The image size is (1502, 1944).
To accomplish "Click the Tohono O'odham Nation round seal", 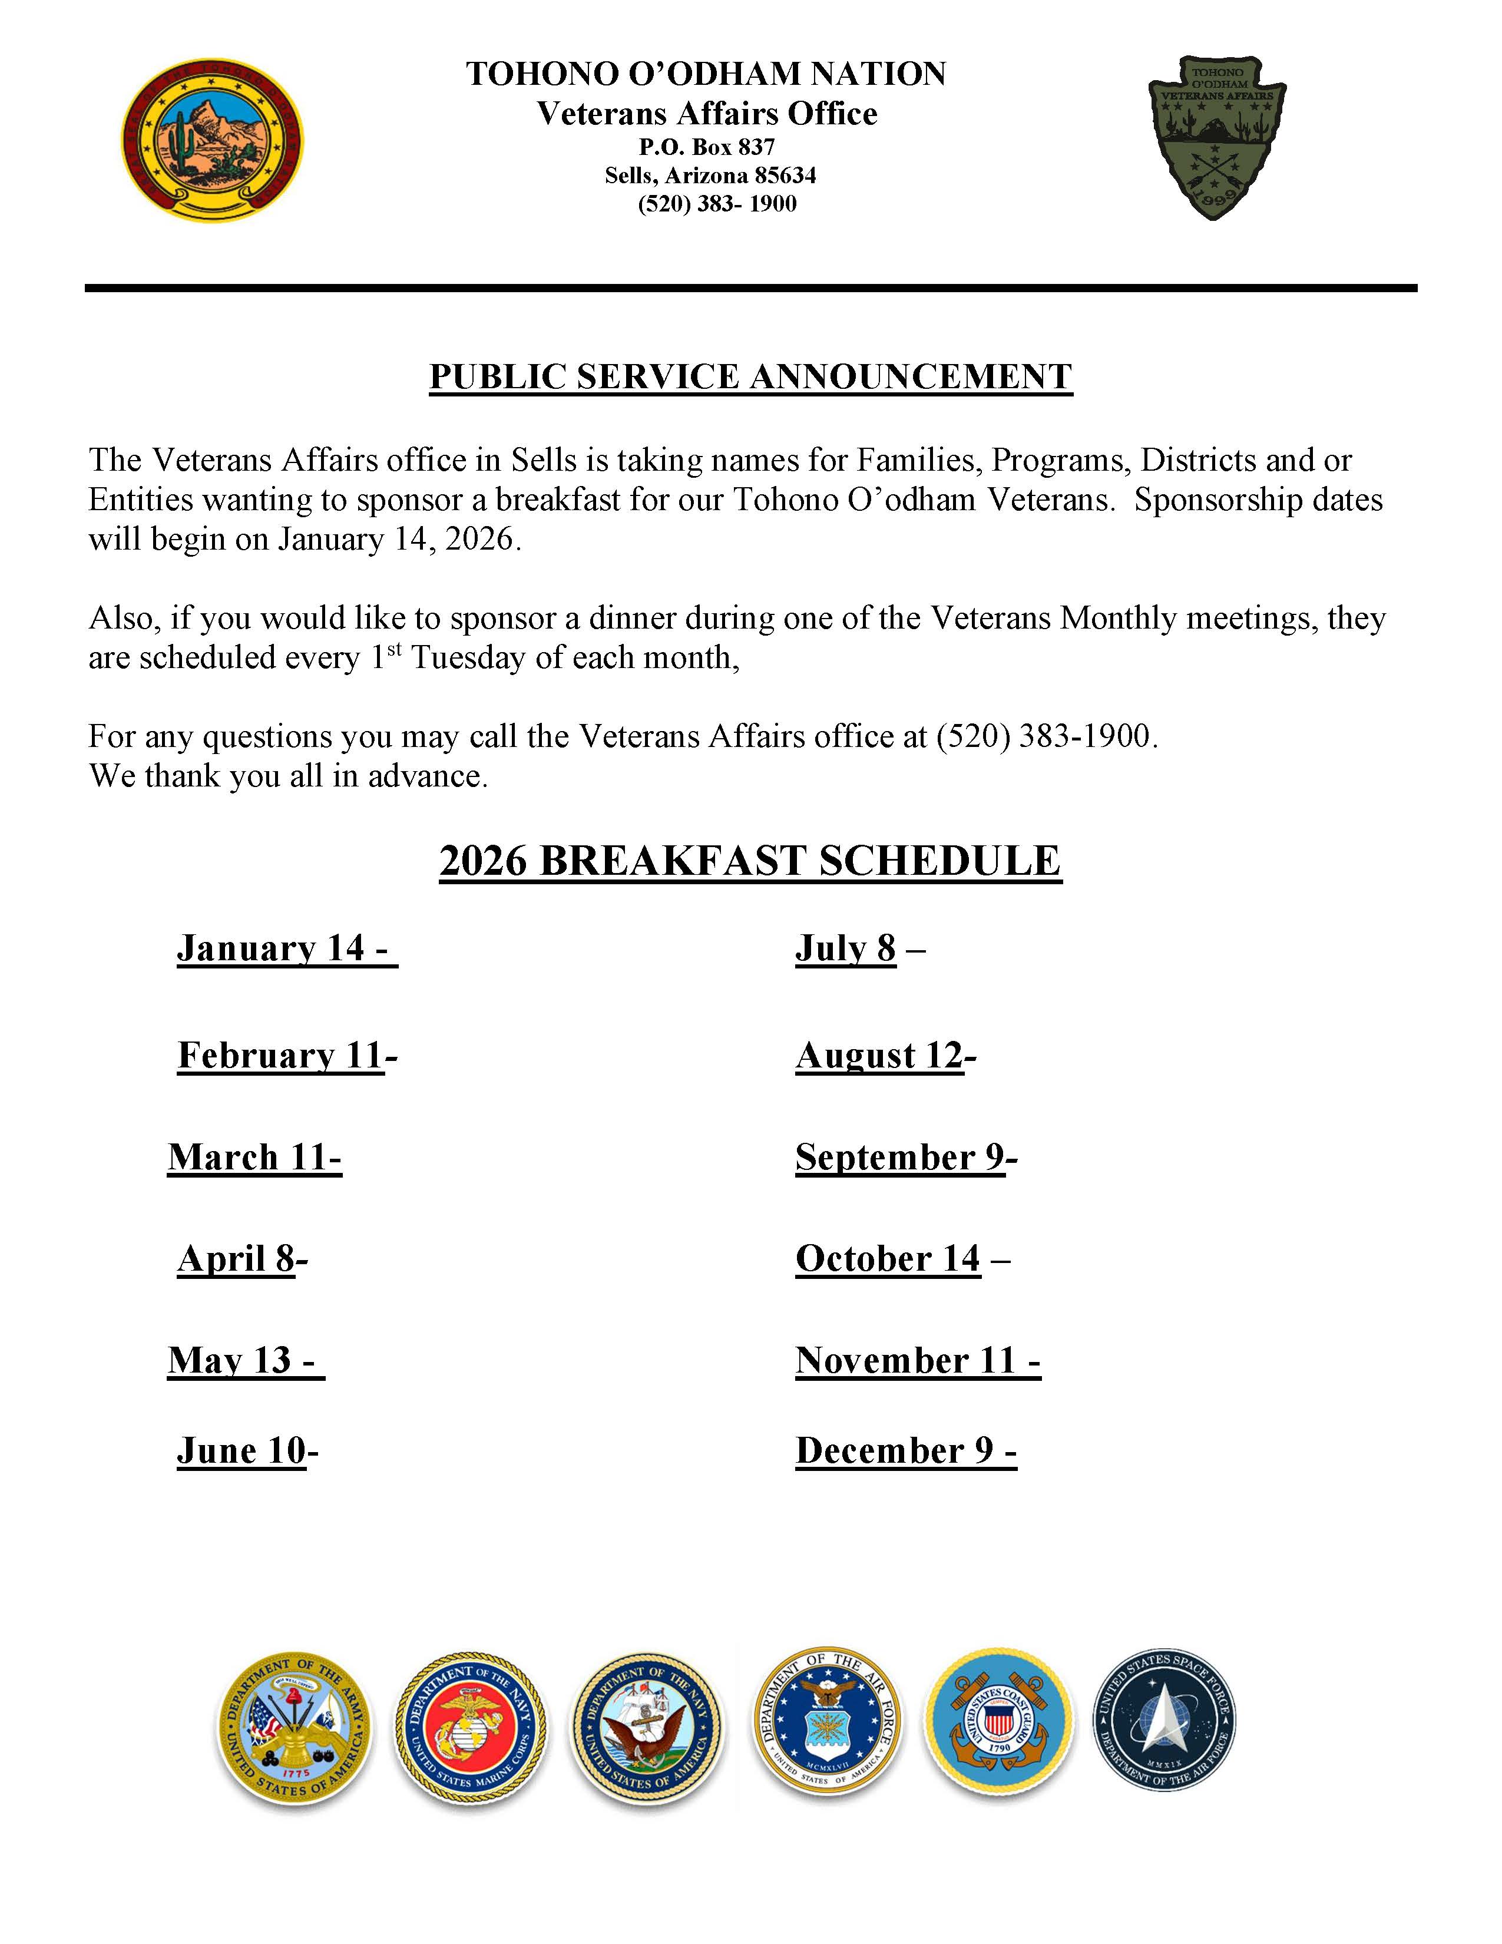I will (x=213, y=141).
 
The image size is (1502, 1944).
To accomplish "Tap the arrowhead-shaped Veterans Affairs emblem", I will (x=1216, y=138).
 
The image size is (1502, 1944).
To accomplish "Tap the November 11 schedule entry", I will (x=917, y=1360).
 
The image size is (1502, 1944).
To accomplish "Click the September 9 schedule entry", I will (x=906, y=1157).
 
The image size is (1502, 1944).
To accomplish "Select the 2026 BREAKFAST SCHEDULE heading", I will (x=750, y=861).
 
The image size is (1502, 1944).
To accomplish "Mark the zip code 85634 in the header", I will (x=785, y=176).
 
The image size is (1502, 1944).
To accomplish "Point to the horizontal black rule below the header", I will (x=750, y=289).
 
